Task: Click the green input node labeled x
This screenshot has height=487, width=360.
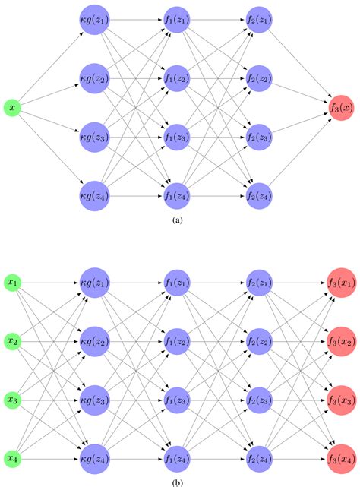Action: pos(12,109)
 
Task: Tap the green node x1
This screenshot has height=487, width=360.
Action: pos(13,283)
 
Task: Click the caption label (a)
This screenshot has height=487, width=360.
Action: pos(178,220)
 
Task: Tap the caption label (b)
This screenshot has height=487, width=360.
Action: pos(178,481)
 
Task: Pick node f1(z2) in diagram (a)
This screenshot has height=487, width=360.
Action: pos(178,78)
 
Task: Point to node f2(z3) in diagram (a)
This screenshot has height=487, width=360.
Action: pos(259,138)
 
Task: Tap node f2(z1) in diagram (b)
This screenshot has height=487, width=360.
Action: pos(259,283)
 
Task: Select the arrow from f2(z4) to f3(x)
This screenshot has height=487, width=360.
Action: pos(298,153)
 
